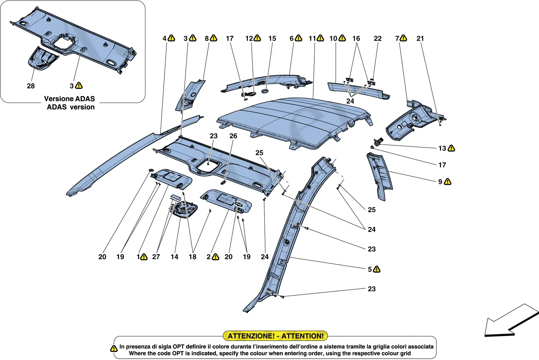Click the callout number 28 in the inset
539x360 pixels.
pyautogui.click(x=31, y=86)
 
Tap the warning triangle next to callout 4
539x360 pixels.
pyautogui.click(x=171, y=38)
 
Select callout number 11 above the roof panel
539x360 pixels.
pyautogui.click(x=312, y=38)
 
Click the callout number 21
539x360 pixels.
pyautogui.click(x=420, y=38)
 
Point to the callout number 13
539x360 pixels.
pyautogui.click(x=442, y=148)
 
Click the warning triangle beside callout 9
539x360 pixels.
pyautogui.click(x=448, y=182)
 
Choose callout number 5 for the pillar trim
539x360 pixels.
pyautogui.click(x=370, y=269)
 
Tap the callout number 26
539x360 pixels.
pyautogui.click(x=233, y=136)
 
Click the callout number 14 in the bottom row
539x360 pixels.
pyautogui.click(x=175, y=257)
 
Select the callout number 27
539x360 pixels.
pyautogui.click(x=156, y=257)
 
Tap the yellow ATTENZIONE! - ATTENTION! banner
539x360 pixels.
pyautogui.click(x=276, y=336)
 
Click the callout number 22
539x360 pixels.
pyautogui.click(x=378, y=38)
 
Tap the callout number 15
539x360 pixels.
pyautogui.click(x=272, y=38)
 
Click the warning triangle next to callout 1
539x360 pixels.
pyautogui.click(x=144, y=257)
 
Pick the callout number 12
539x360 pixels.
pyautogui.click(x=249, y=38)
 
